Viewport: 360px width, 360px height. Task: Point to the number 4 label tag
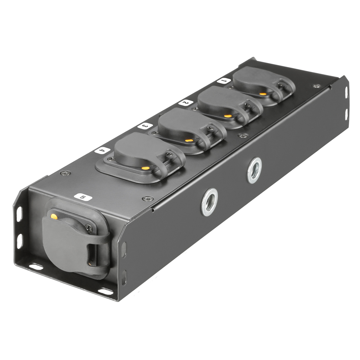click(x=102, y=150)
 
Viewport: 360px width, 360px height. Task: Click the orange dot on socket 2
click(x=227, y=116)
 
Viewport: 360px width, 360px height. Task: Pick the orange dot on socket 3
click(x=188, y=140)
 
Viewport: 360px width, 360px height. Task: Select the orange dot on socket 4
click(x=145, y=168)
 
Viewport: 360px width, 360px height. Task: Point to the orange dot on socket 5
click(x=54, y=216)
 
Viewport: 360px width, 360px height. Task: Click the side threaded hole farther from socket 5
click(x=254, y=170)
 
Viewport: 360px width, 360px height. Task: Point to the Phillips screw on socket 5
click(x=88, y=227)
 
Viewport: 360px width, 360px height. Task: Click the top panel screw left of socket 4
click(x=65, y=173)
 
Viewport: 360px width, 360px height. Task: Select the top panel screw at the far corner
click(x=316, y=86)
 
